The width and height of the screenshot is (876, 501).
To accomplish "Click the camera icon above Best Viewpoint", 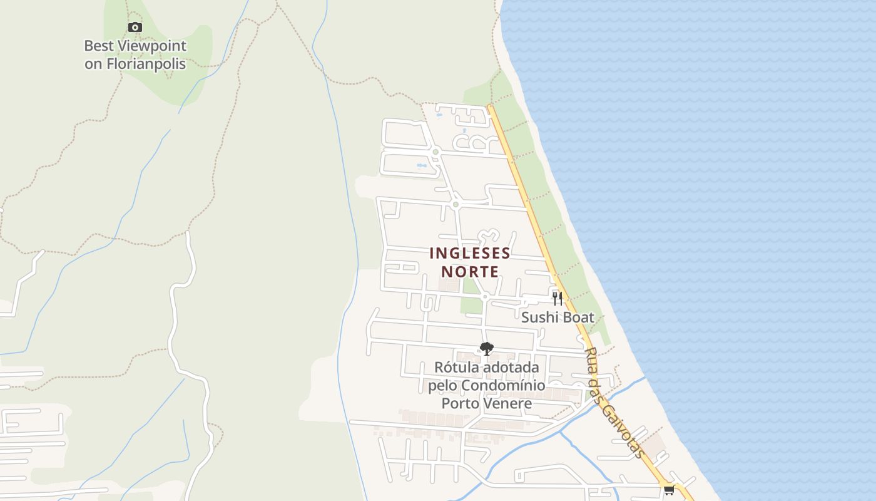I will (x=135, y=28).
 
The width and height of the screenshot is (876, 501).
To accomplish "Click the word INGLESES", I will (x=470, y=254).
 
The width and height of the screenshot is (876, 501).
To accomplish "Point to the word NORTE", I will (x=470, y=272).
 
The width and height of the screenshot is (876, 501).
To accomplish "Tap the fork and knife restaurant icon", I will (x=557, y=298).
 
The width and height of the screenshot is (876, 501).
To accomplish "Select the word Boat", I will (x=578, y=318).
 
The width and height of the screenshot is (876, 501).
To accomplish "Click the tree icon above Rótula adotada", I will (x=486, y=349).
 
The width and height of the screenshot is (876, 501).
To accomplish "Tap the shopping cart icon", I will (x=669, y=490).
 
